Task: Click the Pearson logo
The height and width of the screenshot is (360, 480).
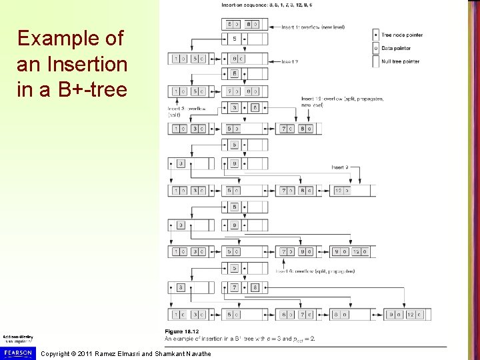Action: tap(16, 351)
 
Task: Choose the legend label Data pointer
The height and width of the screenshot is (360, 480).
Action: tap(396, 47)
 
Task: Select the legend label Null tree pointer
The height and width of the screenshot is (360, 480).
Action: tap(400, 61)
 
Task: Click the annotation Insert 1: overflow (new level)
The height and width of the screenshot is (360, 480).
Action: tap(307, 27)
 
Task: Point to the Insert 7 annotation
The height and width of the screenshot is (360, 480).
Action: tap(291, 62)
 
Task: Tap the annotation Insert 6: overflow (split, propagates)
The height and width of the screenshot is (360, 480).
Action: tap(315, 271)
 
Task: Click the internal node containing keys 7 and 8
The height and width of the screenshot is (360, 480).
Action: tap(245, 287)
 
